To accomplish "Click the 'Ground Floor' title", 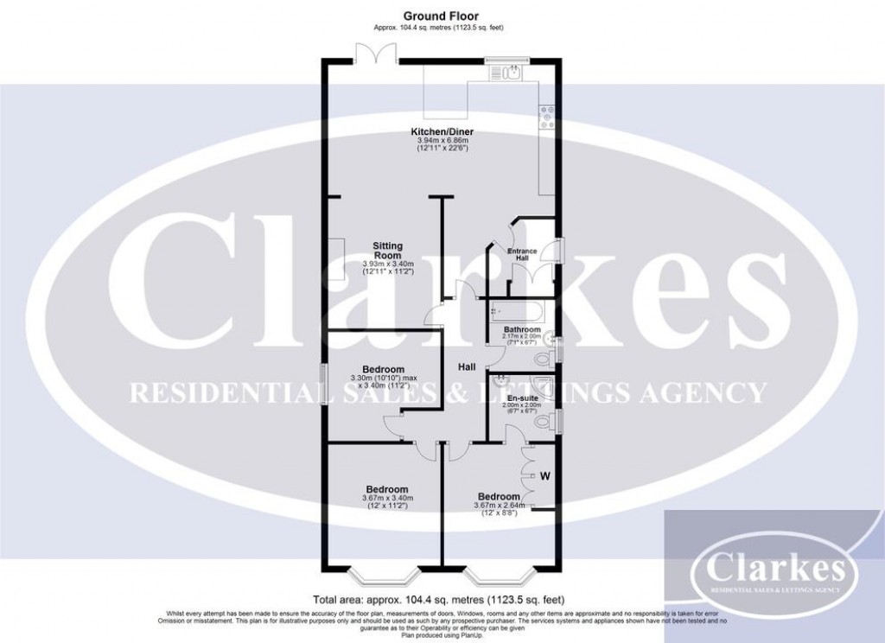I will (x=439, y=16).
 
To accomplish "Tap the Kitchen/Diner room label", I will (x=442, y=132).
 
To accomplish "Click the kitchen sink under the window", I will (x=512, y=73).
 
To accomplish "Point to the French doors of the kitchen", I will (x=378, y=54).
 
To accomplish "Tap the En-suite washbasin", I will (x=499, y=381).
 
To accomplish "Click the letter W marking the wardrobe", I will (x=545, y=475).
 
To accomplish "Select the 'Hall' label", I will (x=468, y=366).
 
